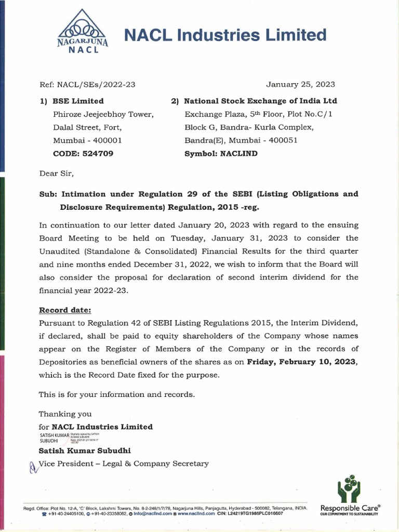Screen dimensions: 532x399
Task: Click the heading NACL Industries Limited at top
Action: [x=225, y=35]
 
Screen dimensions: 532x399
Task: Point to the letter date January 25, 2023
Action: [x=300, y=84]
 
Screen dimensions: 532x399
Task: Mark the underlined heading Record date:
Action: [x=65, y=310]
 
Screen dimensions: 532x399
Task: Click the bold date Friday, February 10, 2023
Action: [x=302, y=362]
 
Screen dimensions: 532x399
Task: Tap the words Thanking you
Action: [x=65, y=414]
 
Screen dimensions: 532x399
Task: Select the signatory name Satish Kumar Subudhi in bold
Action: [x=85, y=450]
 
